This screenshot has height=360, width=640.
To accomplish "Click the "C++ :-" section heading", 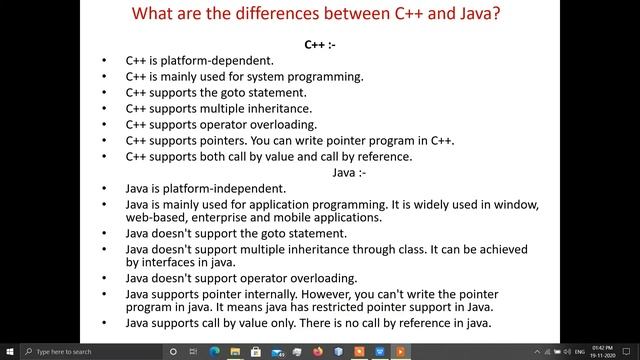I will click(x=320, y=45).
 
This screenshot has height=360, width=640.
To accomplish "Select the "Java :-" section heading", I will click(x=350, y=172).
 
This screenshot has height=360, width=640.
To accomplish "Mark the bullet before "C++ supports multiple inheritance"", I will click(x=105, y=109).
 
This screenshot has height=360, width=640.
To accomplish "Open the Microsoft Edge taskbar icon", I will click(x=216, y=352).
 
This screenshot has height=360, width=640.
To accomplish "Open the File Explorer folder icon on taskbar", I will click(x=240, y=352).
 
